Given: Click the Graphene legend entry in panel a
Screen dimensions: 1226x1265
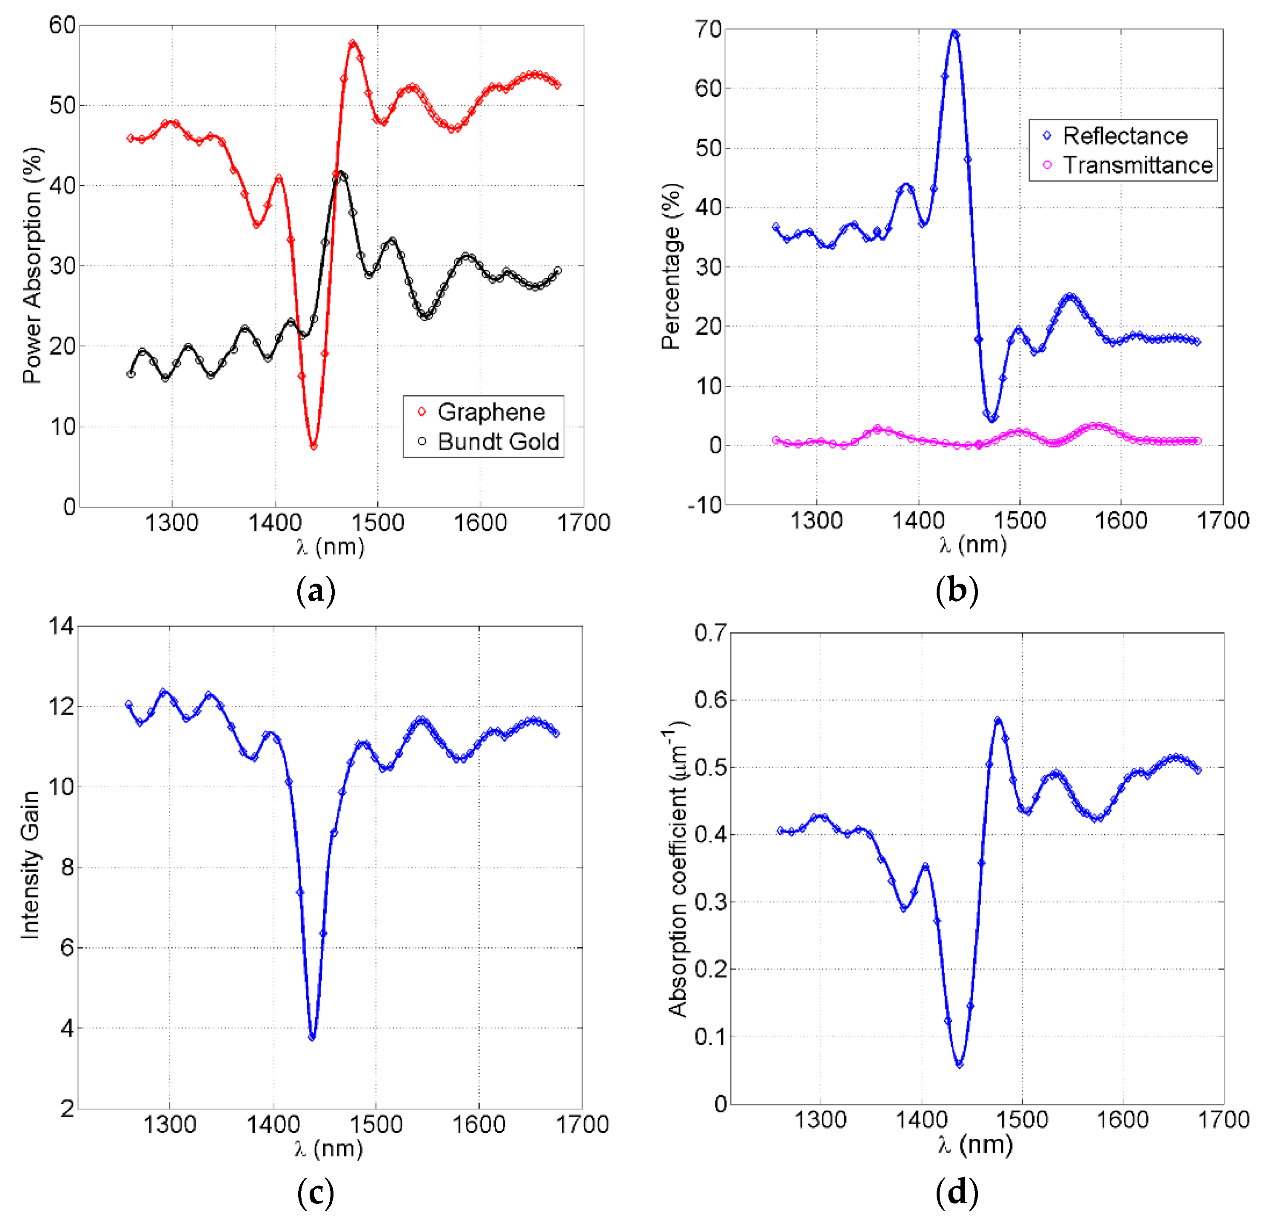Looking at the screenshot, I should pyautogui.click(x=490, y=412).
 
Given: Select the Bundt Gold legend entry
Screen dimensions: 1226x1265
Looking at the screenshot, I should pyautogui.click(x=498, y=442).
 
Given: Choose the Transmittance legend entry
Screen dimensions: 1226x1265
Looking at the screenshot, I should pyautogui.click(x=1137, y=165).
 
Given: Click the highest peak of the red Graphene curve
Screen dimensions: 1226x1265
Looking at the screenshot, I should pyautogui.click(x=352, y=43).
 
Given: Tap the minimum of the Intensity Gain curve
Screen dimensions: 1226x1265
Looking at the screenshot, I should pyautogui.click(x=312, y=1037).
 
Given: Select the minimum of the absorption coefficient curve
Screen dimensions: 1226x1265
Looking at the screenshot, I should pyautogui.click(x=959, y=1064).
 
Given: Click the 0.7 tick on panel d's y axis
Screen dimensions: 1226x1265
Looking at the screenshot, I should pyautogui.click(x=710, y=633).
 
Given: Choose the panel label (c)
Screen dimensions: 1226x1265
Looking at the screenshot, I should pyautogui.click(x=316, y=1193).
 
